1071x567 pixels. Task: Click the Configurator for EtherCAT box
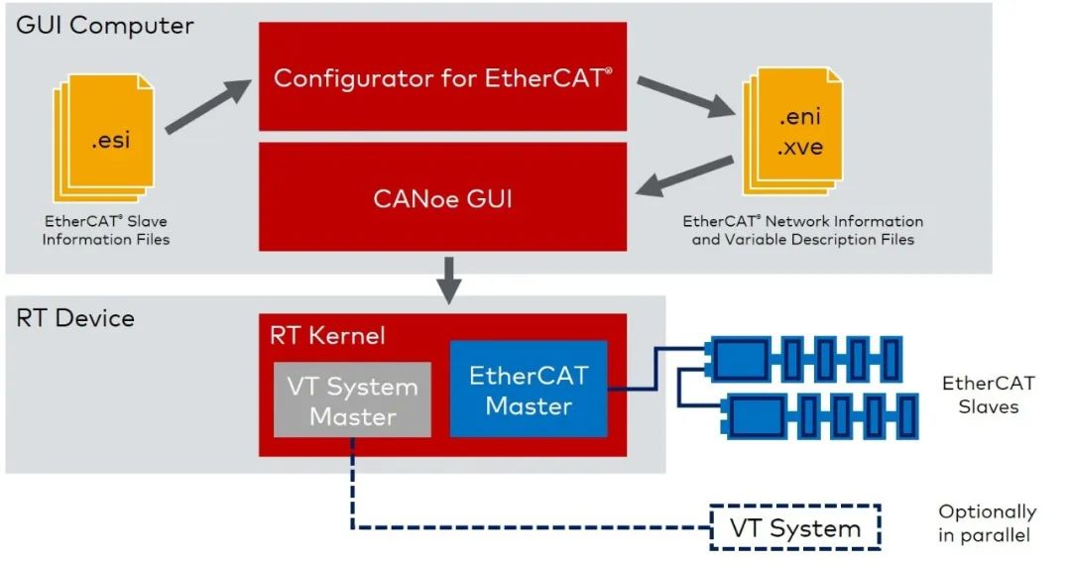tap(442, 77)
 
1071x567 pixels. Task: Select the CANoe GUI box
tap(442, 197)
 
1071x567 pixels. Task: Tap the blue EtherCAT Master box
tap(528, 390)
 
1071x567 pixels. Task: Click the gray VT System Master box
tap(352, 399)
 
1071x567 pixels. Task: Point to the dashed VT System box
tap(795, 528)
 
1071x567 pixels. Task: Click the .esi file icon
tap(107, 138)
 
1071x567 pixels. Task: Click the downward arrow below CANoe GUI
tap(449, 280)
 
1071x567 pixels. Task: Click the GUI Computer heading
tap(104, 25)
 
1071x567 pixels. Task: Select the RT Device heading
tap(75, 318)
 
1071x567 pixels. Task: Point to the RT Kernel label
tap(326, 336)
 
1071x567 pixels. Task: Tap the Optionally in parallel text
tap(987, 523)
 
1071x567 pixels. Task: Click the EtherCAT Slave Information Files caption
tap(106, 231)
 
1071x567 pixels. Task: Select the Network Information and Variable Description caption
tap(802, 230)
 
